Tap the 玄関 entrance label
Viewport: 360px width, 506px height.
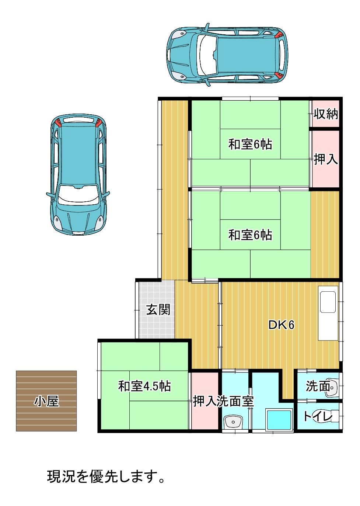158,309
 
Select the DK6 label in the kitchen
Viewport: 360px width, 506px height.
282,325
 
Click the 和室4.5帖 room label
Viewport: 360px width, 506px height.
144,386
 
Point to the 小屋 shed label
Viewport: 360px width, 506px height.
46,401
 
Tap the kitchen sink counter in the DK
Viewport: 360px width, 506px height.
328,313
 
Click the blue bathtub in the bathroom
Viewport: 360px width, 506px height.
279,420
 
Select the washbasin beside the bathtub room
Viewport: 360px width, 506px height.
233,421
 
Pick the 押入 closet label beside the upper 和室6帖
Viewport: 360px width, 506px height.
326,159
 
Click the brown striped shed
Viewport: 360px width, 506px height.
46,401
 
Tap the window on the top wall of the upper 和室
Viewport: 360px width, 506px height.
250,98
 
